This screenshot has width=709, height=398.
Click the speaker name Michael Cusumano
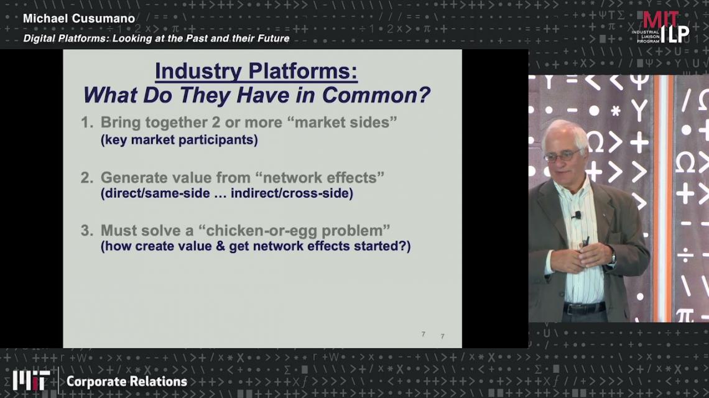79,19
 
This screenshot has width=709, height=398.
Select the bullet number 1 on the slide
86,123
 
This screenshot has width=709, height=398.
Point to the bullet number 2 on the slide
86,178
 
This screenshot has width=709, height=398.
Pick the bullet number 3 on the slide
86,231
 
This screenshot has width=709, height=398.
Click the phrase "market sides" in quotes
346,122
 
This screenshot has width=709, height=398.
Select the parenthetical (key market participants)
179,140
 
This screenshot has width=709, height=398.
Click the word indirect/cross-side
292,193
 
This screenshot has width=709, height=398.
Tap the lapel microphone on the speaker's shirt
577,215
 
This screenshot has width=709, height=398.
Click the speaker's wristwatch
613,258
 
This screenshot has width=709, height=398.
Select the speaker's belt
584,308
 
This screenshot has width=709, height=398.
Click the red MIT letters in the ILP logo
660,20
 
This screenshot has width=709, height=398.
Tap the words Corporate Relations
127,381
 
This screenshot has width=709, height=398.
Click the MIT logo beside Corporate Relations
31,381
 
